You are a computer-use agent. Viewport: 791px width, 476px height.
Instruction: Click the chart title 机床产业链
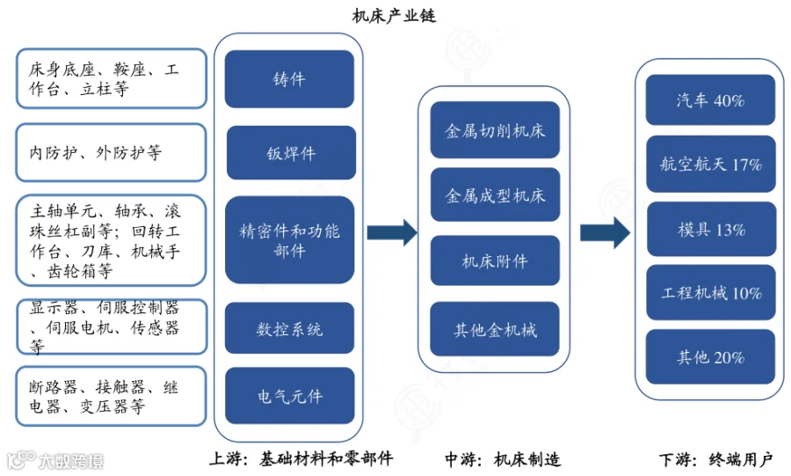coord(394,16)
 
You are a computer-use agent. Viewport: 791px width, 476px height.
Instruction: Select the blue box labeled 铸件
coord(289,79)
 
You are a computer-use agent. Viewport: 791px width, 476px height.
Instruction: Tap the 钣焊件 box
coord(291,153)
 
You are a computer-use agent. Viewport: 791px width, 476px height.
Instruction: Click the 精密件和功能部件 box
coord(289,240)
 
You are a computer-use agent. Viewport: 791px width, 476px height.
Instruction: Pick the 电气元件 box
coord(289,396)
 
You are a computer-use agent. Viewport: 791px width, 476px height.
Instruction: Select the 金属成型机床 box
coord(495,194)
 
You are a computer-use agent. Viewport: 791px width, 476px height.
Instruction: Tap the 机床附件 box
coord(495,260)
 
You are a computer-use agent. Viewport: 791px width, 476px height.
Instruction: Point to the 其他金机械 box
coord(495,329)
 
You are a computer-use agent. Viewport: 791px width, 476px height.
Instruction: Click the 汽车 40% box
coord(710,100)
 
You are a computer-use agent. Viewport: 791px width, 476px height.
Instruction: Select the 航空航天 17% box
coord(710,164)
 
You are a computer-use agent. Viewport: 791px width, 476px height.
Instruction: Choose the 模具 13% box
coord(710,229)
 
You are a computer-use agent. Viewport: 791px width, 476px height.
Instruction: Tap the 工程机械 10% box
coord(710,292)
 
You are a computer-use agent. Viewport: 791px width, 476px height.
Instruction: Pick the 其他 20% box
coord(710,356)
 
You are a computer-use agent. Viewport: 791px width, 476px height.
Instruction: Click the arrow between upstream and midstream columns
coord(391,232)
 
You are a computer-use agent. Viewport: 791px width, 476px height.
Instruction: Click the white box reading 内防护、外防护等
coord(111,152)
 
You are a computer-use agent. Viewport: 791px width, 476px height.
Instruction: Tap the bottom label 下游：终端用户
coord(715,459)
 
